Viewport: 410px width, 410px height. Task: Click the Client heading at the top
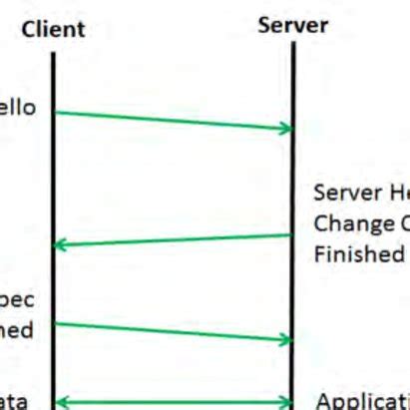tap(53, 29)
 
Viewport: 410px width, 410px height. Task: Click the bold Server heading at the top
tap(292, 25)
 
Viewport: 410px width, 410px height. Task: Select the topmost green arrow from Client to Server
tap(170, 120)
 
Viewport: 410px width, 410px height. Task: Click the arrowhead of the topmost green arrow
tap(286, 128)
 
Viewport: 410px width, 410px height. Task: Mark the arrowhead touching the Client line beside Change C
tap(60, 244)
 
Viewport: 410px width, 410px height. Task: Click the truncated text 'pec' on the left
tap(17, 299)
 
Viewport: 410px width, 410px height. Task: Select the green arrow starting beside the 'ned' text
tap(170, 332)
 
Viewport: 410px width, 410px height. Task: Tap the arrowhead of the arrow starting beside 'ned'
tap(286, 340)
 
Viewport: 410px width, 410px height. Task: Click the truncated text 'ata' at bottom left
tap(15, 401)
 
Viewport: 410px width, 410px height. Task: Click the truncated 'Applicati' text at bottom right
tap(362, 401)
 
